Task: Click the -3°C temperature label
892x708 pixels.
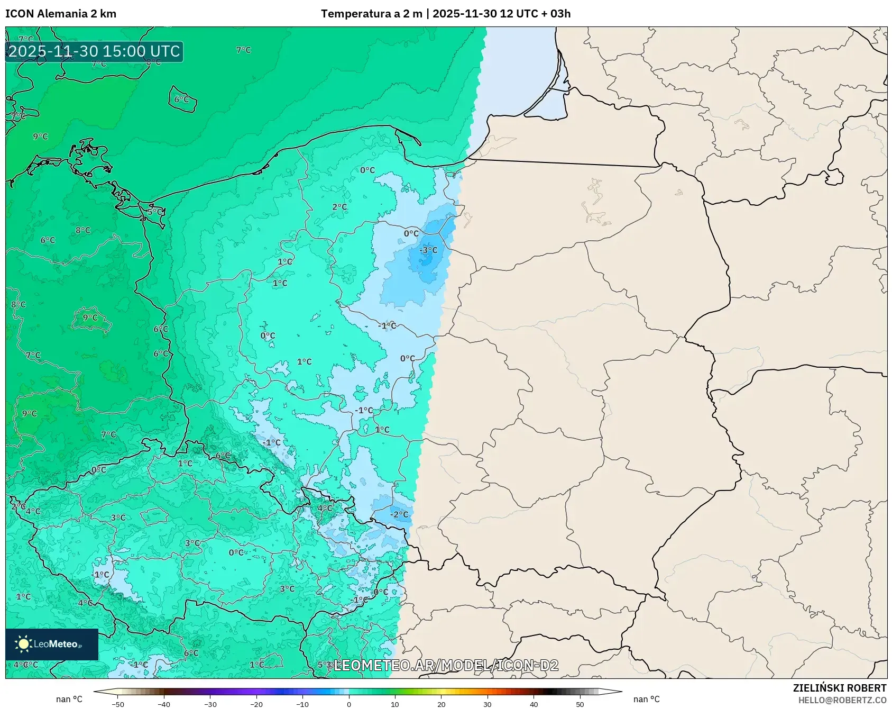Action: pyautogui.click(x=429, y=250)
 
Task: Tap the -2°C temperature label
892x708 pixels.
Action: pyautogui.click(x=400, y=514)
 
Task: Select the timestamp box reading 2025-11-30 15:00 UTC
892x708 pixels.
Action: pyautogui.click(x=95, y=51)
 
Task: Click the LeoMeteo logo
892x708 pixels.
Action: pyautogui.click(x=52, y=644)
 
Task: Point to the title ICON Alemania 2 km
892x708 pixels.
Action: pyautogui.click(x=61, y=14)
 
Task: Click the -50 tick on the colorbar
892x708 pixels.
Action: pyautogui.click(x=118, y=704)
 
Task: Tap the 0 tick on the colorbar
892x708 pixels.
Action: pyautogui.click(x=348, y=704)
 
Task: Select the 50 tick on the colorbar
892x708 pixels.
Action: pyautogui.click(x=580, y=704)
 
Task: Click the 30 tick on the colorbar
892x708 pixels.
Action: pyautogui.click(x=487, y=704)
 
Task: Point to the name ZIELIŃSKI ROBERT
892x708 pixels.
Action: pyautogui.click(x=839, y=688)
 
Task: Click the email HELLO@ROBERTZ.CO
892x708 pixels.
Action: pyautogui.click(x=842, y=700)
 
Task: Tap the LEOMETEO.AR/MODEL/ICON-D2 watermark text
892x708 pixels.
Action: pyautogui.click(x=446, y=665)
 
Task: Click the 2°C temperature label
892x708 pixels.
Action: pyautogui.click(x=339, y=207)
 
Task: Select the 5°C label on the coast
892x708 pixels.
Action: pyautogui.click(x=154, y=212)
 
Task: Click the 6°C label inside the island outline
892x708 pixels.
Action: pyautogui.click(x=181, y=99)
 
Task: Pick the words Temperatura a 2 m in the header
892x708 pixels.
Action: pyautogui.click(x=371, y=14)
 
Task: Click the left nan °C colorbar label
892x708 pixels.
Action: pyautogui.click(x=69, y=699)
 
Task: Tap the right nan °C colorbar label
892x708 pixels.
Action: pyautogui.click(x=646, y=699)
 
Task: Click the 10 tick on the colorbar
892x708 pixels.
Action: pyautogui.click(x=395, y=704)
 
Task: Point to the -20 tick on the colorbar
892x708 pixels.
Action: pyautogui.click(x=256, y=704)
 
